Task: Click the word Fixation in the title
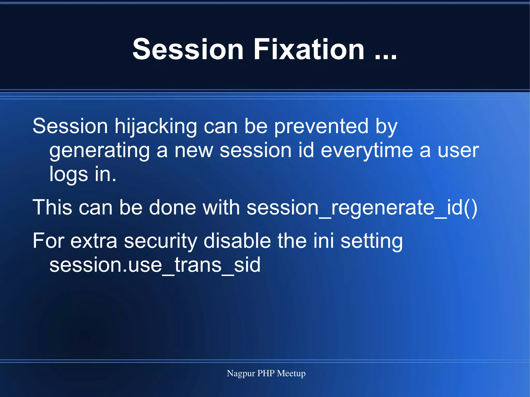tap(309, 49)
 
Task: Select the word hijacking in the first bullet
tap(156, 127)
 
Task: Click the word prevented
tap(321, 127)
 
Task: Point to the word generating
tap(99, 151)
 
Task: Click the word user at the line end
tap(458, 151)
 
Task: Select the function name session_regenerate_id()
tap(362, 208)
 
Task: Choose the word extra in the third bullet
tap(94, 241)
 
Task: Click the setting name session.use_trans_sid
tap(155, 265)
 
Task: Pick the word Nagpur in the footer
tap(241, 373)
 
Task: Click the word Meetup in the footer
tap(291, 373)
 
